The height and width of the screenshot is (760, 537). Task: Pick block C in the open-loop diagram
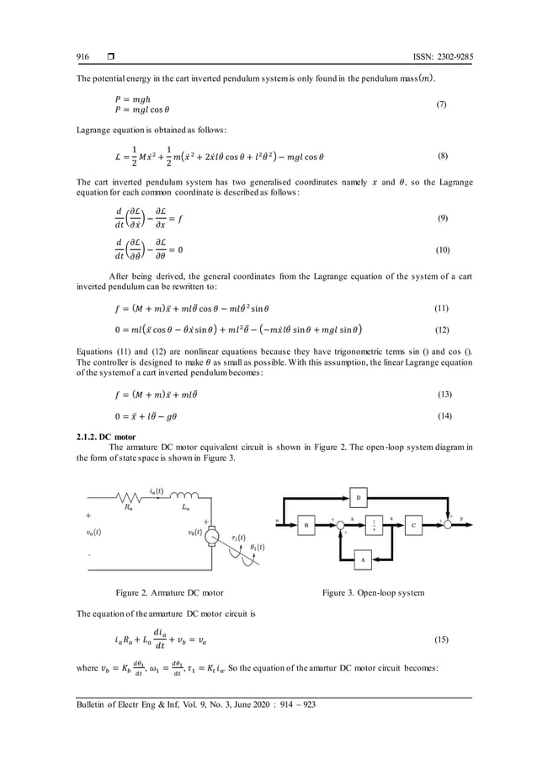[414, 524]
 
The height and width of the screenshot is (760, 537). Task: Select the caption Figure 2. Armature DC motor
[173, 593]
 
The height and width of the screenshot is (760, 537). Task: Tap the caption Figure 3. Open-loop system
[374, 593]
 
